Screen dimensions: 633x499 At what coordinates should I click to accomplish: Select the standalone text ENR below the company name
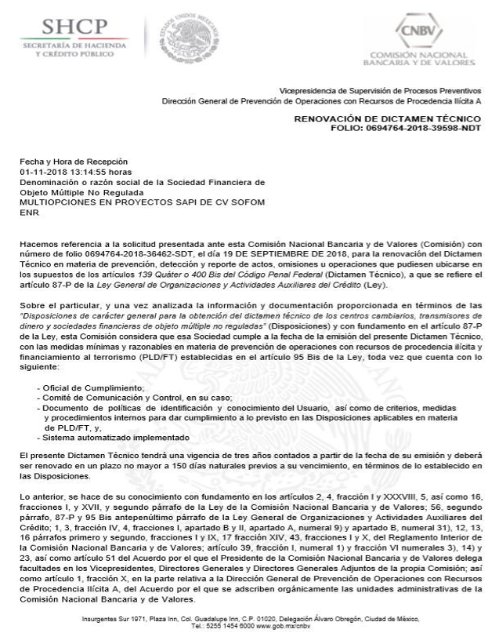pyautogui.click(x=29, y=211)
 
